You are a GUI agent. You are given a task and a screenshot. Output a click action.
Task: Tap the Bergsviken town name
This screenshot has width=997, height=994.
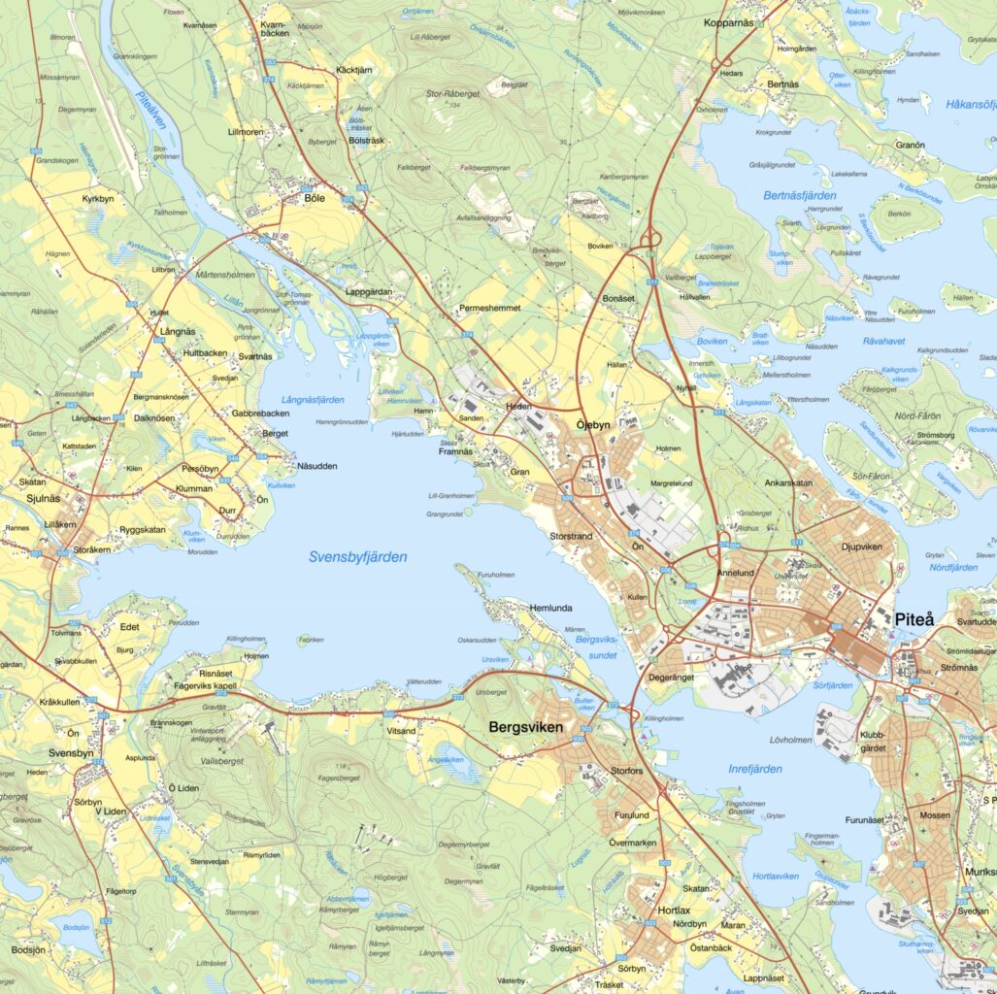pos(525,726)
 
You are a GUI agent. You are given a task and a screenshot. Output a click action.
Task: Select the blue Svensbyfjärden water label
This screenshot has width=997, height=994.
pos(357,557)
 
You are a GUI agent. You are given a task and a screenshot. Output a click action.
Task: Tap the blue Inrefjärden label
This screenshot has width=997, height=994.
pos(754,769)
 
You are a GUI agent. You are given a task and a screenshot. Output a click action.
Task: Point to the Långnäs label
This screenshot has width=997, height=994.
pos(178,331)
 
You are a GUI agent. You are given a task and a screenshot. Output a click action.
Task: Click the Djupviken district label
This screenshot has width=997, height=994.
pos(861,547)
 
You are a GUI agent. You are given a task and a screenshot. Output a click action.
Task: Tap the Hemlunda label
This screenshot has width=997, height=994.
pos(552,608)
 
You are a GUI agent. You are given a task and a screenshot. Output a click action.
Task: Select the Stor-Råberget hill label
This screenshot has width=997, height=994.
pos(452,94)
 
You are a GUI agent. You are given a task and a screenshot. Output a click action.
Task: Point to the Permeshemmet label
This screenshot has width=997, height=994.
pos(490,308)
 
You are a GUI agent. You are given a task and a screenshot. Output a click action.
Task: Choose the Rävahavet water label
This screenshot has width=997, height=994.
pos(884,341)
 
